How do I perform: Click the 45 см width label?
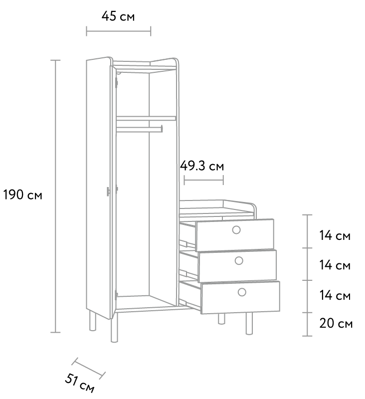(118, 16)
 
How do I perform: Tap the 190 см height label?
(22, 195)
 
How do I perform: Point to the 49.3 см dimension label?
(202, 166)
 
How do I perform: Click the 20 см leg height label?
(336, 323)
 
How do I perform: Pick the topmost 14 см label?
(335, 235)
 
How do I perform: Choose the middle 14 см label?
(335, 265)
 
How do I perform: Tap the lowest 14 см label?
(335, 295)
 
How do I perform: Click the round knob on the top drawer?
(236, 230)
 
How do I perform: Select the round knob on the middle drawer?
(239, 260)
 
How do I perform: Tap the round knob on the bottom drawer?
(242, 292)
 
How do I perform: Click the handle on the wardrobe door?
(108, 192)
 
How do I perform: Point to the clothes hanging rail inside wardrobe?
(140, 129)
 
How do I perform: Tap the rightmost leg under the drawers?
(249, 323)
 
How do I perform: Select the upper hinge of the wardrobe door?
(117, 82)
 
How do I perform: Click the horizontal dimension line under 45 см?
(119, 31)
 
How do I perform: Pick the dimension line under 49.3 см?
(204, 180)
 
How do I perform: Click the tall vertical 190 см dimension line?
(55, 196)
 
